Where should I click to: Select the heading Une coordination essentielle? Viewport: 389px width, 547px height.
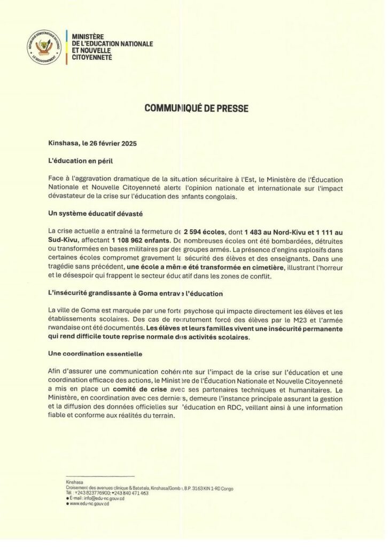(x=94, y=354)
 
